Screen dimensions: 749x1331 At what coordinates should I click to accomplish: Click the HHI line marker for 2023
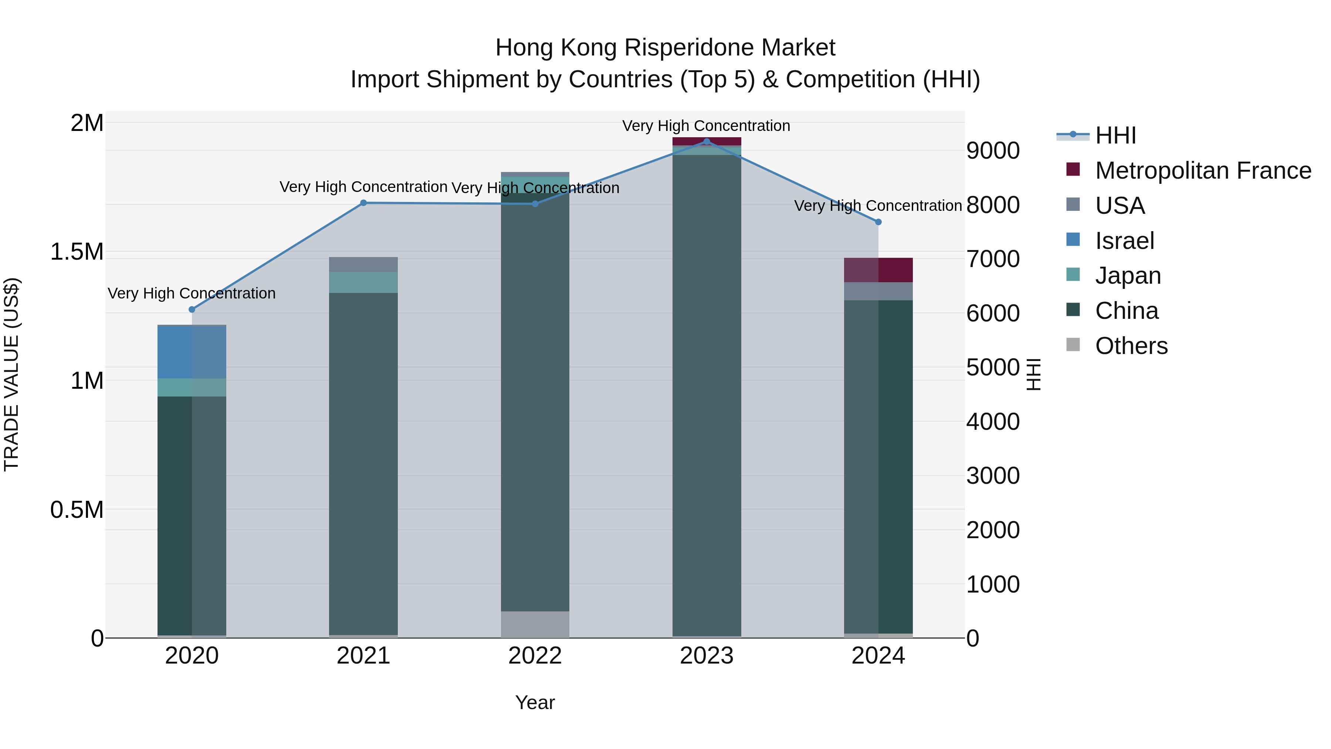[706, 142]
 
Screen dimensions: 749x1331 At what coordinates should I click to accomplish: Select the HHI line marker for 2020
[192, 310]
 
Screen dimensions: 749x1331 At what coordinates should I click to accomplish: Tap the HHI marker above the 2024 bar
[878, 222]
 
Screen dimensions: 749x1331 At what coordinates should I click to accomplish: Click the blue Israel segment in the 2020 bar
[192, 352]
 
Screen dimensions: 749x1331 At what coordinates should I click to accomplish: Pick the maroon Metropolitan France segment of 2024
[878, 270]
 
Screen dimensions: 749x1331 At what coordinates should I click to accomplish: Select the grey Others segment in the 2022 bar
[535, 624]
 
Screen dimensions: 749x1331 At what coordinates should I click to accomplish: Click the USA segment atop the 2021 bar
[363, 264]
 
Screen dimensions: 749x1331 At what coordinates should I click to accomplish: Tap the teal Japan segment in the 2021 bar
[363, 282]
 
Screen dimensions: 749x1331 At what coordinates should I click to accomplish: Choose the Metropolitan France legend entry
[1202, 171]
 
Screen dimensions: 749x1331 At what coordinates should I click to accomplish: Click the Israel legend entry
[1124, 241]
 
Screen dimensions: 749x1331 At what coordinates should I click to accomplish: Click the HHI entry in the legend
[1115, 135]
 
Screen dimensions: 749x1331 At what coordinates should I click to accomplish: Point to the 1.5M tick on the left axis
[77, 252]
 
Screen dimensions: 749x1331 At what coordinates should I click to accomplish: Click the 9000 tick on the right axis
[993, 151]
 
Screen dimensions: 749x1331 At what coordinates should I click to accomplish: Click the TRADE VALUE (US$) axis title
[11, 374]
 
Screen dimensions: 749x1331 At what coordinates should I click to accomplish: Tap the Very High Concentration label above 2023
[706, 126]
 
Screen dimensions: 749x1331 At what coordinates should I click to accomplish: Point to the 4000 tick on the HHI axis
[993, 422]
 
